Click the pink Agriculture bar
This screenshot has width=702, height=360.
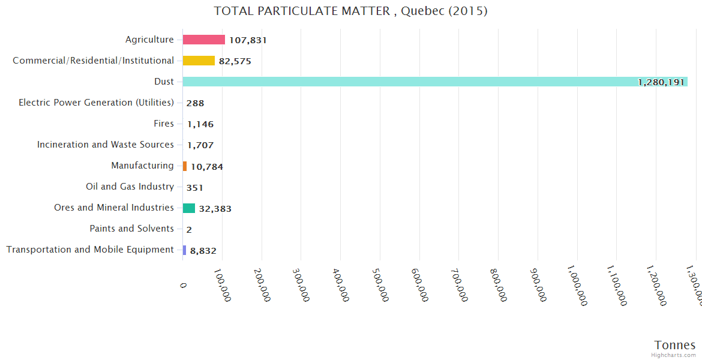(203, 40)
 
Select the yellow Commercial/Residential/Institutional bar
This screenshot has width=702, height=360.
(199, 61)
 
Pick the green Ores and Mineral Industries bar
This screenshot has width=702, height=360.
(189, 208)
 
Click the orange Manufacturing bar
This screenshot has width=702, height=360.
(185, 166)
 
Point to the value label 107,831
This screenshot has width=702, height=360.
(248, 40)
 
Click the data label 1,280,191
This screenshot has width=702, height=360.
(661, 82)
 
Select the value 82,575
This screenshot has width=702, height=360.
(235, 61)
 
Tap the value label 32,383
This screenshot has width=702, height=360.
(215, 209)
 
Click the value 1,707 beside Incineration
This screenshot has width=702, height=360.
(200, 145)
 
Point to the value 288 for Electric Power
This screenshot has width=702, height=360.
(195, 103)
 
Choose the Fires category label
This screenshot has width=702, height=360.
(164, 124)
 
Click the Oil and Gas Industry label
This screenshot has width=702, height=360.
(130, 187)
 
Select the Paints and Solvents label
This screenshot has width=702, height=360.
(131, 229)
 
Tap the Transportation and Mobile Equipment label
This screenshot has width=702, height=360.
(90, 250)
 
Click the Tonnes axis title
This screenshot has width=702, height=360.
(674, 345)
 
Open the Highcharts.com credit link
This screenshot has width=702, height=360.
(673, 355)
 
